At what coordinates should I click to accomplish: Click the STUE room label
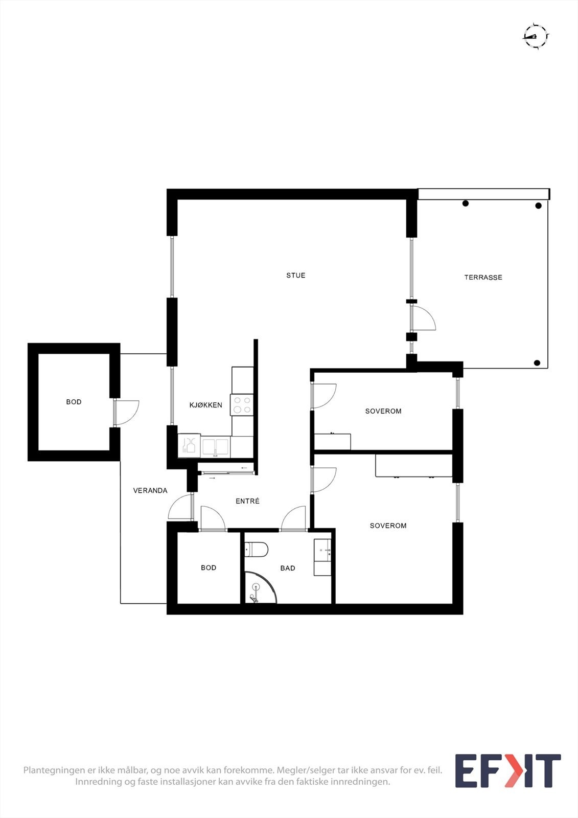(x=295, y=276)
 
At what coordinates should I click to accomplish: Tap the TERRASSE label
(x=483, y=278)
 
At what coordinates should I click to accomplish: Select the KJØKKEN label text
(x=205, y=405)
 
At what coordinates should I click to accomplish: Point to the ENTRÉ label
(x=247, y=502)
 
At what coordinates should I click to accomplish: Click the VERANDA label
(x=150, y=491)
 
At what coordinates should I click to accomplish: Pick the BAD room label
(x=288, y=569)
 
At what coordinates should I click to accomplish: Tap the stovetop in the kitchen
(x=242, y=405)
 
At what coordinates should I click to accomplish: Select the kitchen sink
(x=215, y=446)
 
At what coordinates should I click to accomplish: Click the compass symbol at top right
(x=535, y=36)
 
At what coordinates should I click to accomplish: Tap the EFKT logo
(x=507, y=770)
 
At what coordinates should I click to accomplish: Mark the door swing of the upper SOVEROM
(x=323, y=396)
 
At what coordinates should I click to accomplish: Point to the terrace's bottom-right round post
(x=537, y=363)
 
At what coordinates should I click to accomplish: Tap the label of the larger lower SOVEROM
(x=388, y=526)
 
